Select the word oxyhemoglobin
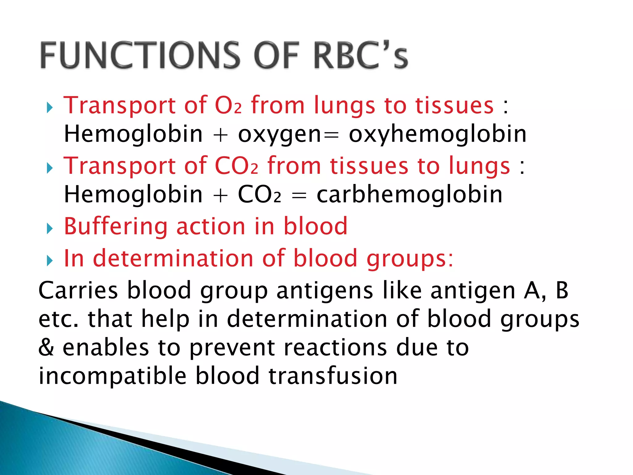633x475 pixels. (437, 135)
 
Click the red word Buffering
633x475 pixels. (116, 227)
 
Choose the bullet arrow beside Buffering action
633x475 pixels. (49, 229)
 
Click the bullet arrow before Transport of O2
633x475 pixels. (49, 108)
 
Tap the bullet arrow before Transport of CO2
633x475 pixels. (49, 169)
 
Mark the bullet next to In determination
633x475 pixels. (49, 261)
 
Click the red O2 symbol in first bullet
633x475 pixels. (228, 106)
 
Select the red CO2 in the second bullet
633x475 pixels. (236, 166)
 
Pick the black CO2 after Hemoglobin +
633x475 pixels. (259, 195)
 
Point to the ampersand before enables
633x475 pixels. (46, 347)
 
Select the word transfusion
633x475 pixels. (333, 376)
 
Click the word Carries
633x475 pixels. (78, 291)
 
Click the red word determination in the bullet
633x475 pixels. (173, 258)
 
